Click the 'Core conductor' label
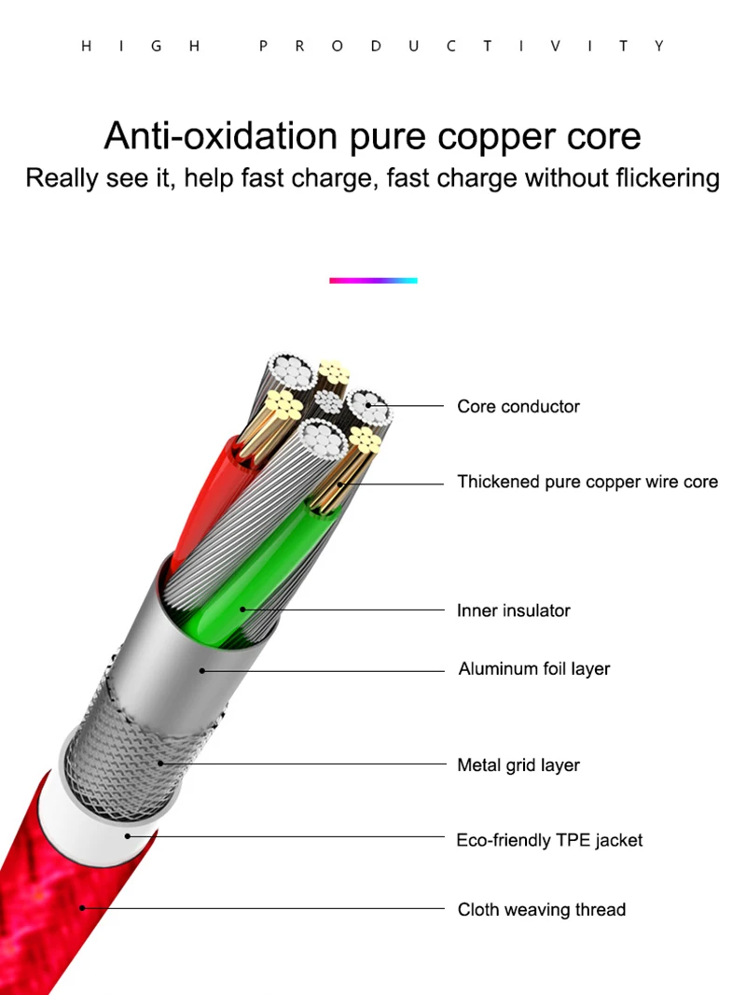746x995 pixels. click(518, 406)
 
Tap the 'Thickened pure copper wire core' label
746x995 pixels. click(587, 482)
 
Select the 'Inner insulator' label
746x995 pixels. click(513, 610)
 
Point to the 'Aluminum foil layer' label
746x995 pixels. click(533, 668)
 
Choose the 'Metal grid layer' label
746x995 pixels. click(518, 765)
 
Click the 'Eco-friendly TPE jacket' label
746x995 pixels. click(549, 840)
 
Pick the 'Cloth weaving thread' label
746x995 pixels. click(541, 909)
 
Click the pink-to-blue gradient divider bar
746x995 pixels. click(373, 280)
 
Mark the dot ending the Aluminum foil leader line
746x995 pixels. click(203, 668)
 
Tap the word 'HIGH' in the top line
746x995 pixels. click(141, 46)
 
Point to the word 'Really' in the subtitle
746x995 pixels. click(62, 177)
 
